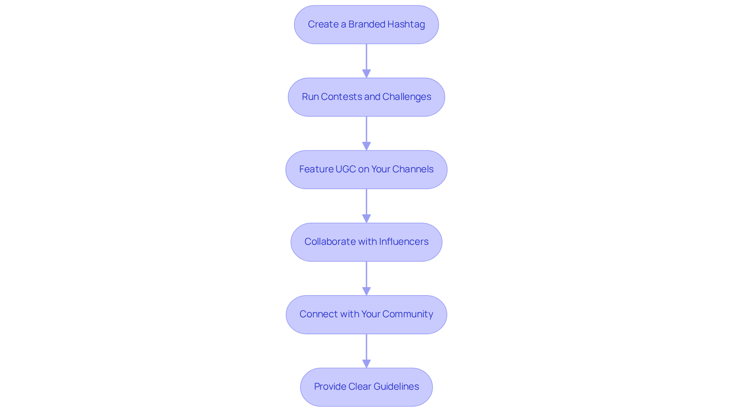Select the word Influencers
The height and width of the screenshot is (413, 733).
404,242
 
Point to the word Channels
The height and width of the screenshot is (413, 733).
413,169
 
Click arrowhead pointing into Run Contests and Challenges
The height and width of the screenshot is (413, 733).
366,73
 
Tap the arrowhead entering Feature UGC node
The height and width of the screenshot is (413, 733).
366,146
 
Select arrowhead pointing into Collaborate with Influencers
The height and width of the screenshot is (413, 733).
366,218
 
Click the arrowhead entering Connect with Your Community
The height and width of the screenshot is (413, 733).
366,291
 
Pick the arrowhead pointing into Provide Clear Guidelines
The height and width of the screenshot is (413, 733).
366,363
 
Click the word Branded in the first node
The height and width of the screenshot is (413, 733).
366,24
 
